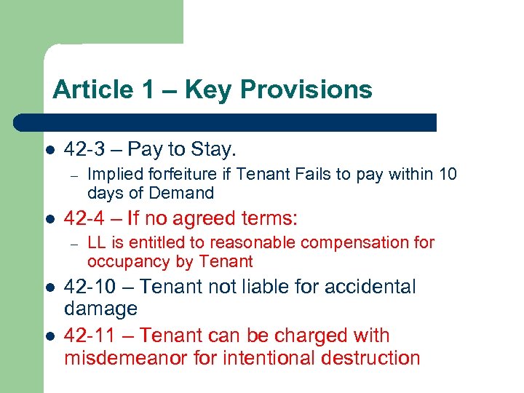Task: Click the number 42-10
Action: (90, 287)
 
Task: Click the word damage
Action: (100, 309)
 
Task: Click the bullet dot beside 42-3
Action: (49, 151)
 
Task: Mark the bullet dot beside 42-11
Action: (49, 336)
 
